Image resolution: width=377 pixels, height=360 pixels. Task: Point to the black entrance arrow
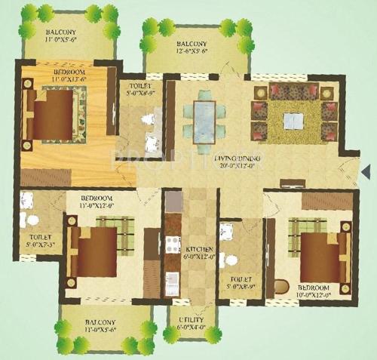pos(365,172)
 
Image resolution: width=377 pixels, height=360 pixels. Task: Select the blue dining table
pos(204,117)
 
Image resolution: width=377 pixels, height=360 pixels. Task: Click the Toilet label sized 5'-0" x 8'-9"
pos(236,285)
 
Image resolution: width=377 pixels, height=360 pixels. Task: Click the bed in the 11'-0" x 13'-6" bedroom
pos(54,113)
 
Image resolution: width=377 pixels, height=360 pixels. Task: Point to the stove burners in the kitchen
pos(173,245)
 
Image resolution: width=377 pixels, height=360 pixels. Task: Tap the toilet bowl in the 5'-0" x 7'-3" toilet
pos(32,220)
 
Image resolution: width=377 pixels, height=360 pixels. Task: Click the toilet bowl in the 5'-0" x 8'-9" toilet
pos(231,260)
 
